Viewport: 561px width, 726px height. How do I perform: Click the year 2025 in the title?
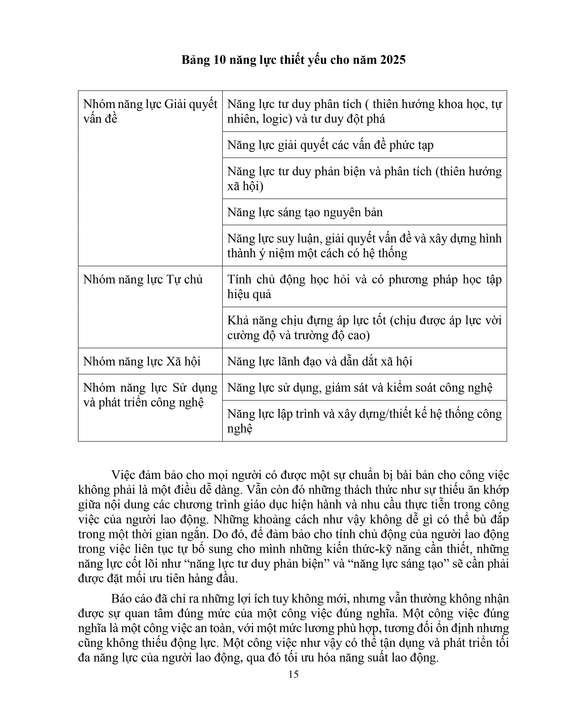393,60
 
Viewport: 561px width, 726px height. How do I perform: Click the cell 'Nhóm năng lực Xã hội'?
142,361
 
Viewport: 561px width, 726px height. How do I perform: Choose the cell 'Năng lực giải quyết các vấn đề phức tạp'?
330,145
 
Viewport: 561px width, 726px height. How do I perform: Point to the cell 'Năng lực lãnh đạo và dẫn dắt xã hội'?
320,361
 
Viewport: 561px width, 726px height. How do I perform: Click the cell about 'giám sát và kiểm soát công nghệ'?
360,388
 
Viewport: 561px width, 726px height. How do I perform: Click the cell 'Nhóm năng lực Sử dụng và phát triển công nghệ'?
150,395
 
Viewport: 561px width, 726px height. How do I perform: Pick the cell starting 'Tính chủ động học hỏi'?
364,286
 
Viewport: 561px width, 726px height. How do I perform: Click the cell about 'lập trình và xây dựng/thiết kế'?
364,421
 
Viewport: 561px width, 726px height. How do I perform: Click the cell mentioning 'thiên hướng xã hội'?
364,178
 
